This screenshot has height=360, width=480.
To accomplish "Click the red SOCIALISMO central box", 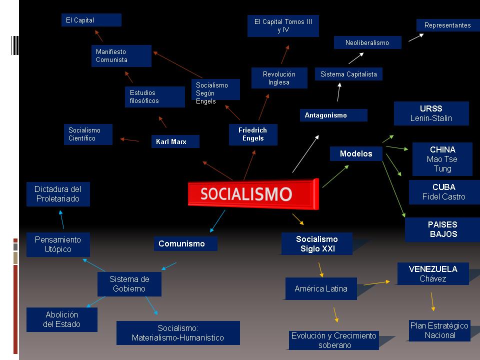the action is click(252, 193).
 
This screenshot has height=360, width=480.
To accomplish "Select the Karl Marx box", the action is click(175, 141).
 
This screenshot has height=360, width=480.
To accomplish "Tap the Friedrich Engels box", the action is click(253, 134).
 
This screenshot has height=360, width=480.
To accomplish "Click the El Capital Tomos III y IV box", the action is click(283, 26).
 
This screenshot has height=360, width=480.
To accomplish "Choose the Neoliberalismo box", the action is click(368, 42).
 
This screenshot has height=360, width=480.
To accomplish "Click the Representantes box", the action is click(447, 25).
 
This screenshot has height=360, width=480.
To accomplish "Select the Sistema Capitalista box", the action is click(348, 74).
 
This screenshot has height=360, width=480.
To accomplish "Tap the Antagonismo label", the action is click(333, 115).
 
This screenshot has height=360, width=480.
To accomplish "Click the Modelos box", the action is click(356, 154).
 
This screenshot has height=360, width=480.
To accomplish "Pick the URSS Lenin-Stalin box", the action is click(431, 113).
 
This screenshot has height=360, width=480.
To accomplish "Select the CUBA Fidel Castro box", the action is click(443, 192).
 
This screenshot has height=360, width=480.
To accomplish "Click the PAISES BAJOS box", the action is click(442, 229).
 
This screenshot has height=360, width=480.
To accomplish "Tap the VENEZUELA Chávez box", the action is click(433, 273).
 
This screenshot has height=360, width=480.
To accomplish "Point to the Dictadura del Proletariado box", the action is click(58, 194).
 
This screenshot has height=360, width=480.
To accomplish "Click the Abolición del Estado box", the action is click(62, 319).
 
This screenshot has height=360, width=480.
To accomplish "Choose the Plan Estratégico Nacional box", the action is click(439, 330).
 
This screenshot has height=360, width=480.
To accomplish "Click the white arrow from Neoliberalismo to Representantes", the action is click(416, 37).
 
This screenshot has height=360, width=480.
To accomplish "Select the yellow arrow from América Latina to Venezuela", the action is click(376, 283).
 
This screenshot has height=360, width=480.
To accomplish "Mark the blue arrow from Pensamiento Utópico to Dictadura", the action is click(61, 219).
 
